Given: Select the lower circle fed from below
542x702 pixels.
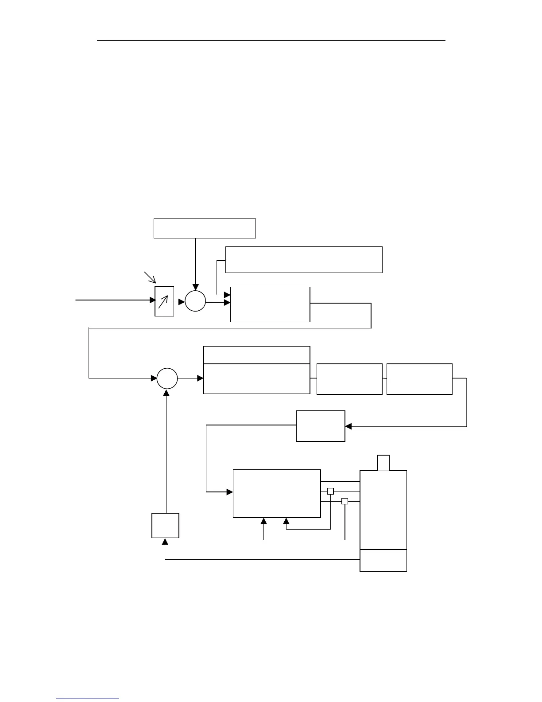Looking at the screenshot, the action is [x=167, y=378].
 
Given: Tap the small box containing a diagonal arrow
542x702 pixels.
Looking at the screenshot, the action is [x=164, y=301].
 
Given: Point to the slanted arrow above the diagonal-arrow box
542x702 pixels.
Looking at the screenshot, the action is [x=150, y=277].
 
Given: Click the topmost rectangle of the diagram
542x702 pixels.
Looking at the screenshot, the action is [x=205, y=228].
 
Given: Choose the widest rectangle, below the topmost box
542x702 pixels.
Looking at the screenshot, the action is [x=304, y=260].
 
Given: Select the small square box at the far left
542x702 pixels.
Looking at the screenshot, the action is [x=165, y=525].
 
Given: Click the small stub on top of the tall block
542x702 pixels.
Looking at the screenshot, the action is [x=383, y=463].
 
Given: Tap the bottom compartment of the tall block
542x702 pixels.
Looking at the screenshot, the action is [x=383, y=560].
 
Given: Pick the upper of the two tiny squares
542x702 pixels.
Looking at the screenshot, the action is [x=330, y=491].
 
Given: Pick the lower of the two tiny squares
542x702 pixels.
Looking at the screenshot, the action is [x=345, y=501].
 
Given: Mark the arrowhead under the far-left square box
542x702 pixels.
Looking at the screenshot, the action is [x=165, y=542].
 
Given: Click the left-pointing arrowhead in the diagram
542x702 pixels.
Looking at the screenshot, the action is [x=348, y=426].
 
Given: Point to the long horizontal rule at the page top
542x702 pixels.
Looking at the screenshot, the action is [x=271, y=40].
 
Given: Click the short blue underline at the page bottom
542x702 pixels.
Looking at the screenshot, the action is [x=88, y=698].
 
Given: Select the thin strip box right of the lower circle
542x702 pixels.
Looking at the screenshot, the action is [x=256, y=355].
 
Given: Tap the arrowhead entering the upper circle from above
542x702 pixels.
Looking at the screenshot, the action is [x=195, y=288].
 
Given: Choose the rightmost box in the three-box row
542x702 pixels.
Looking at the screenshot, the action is [x=419, y=379].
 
